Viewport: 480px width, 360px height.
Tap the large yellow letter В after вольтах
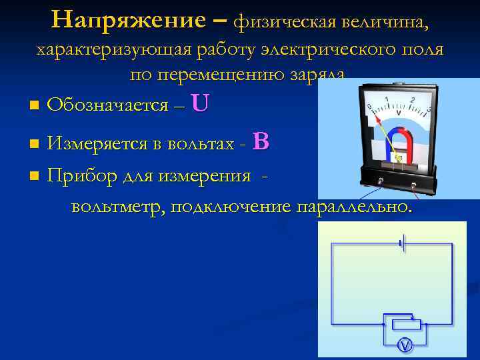point(261,141)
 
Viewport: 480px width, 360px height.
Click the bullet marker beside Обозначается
point(34,105)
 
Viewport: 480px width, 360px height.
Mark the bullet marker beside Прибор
point(34,177)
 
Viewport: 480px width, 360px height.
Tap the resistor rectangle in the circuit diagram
point(404,325)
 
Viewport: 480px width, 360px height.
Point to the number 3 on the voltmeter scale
point(428,109)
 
